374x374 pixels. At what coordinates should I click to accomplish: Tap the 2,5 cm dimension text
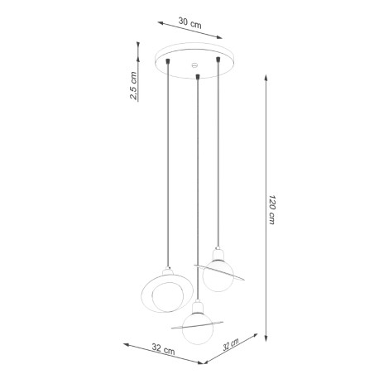click(x=134, y=85)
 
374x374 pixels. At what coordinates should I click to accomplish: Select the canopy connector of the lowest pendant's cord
click(x=197, y=77)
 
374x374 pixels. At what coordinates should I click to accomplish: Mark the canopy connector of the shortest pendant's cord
click(x=216, y=60)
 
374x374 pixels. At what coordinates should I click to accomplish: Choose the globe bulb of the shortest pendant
click(x=218, y=276)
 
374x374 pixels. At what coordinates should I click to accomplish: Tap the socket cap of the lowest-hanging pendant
click(x=196, y=305)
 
